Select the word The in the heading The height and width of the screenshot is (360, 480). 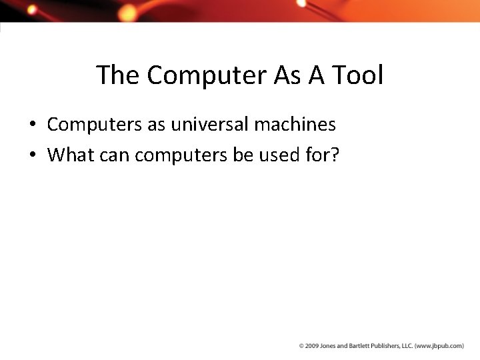coord(118,75)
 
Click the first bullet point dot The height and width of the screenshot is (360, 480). coord(32,125)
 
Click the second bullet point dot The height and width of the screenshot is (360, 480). coord(32,155)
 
